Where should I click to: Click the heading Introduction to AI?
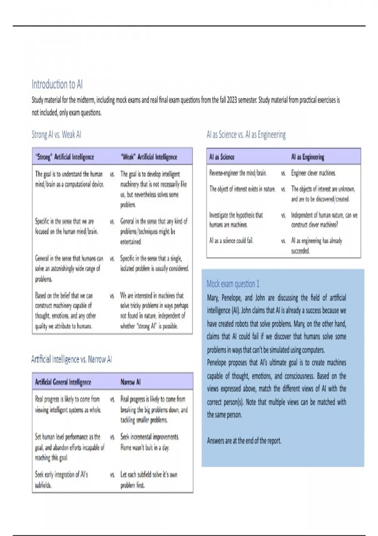click(57, 84)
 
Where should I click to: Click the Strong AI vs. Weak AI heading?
click(56, 135)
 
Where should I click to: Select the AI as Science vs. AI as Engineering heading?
click(246, 135)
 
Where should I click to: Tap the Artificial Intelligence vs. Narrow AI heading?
click(72, 359)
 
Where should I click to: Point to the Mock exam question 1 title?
click(233, 284)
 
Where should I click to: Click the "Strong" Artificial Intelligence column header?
click(65, 157)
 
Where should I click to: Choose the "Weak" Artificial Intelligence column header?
click(149, 157)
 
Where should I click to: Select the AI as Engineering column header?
click(307, 157)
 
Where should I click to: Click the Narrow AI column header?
click(130, 382)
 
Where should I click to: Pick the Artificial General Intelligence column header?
click(63, 382)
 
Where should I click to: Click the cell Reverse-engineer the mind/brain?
click(238, 173)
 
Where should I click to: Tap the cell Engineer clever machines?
click(313, 173)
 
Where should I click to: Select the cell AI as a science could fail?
click(231, 241)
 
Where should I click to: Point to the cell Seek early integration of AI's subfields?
click(61, 480)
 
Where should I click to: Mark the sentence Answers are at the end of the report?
click(244, 440)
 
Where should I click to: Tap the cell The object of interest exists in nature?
click(242, 189)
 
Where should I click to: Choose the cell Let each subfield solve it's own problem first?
click(149, 480)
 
